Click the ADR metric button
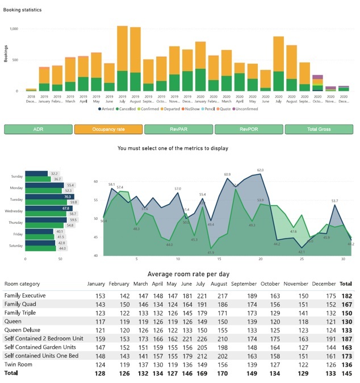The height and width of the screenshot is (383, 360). click(x=38, y=130)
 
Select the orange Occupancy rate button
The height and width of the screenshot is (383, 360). click(x=108, y=130)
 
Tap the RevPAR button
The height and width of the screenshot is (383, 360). click(x=178, y=130)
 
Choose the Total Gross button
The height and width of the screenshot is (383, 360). click(x=319, y=130)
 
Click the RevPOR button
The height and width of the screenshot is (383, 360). click(x=248, y=130)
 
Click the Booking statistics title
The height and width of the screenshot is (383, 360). click(x=22, y=10)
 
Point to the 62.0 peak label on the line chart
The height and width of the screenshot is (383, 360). click(x=260, y=170)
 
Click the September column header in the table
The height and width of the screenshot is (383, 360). click(x=244, y=284)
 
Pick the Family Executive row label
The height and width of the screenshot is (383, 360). click(x=25, y=295)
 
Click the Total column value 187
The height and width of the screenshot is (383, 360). click(x=346, y=339)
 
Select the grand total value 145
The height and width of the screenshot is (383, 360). click(x=346, y=373)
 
